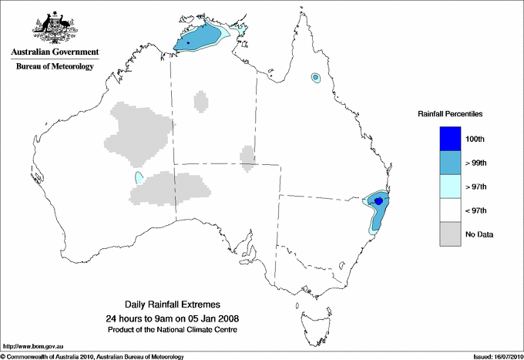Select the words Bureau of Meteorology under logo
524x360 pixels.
pyautogui.click(x=55, y=67)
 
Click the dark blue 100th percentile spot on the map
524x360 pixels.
pyautogui.click(x=378, y=201)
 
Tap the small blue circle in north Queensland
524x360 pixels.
pyautogui.click(x=315, y=77)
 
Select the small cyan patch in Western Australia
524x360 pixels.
pyautogui.click(x=139, y=178)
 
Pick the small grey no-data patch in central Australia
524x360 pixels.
pyautogui.click(x=247, y=156)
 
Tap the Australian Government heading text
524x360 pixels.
pyautogui.click(x=55, y=52)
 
